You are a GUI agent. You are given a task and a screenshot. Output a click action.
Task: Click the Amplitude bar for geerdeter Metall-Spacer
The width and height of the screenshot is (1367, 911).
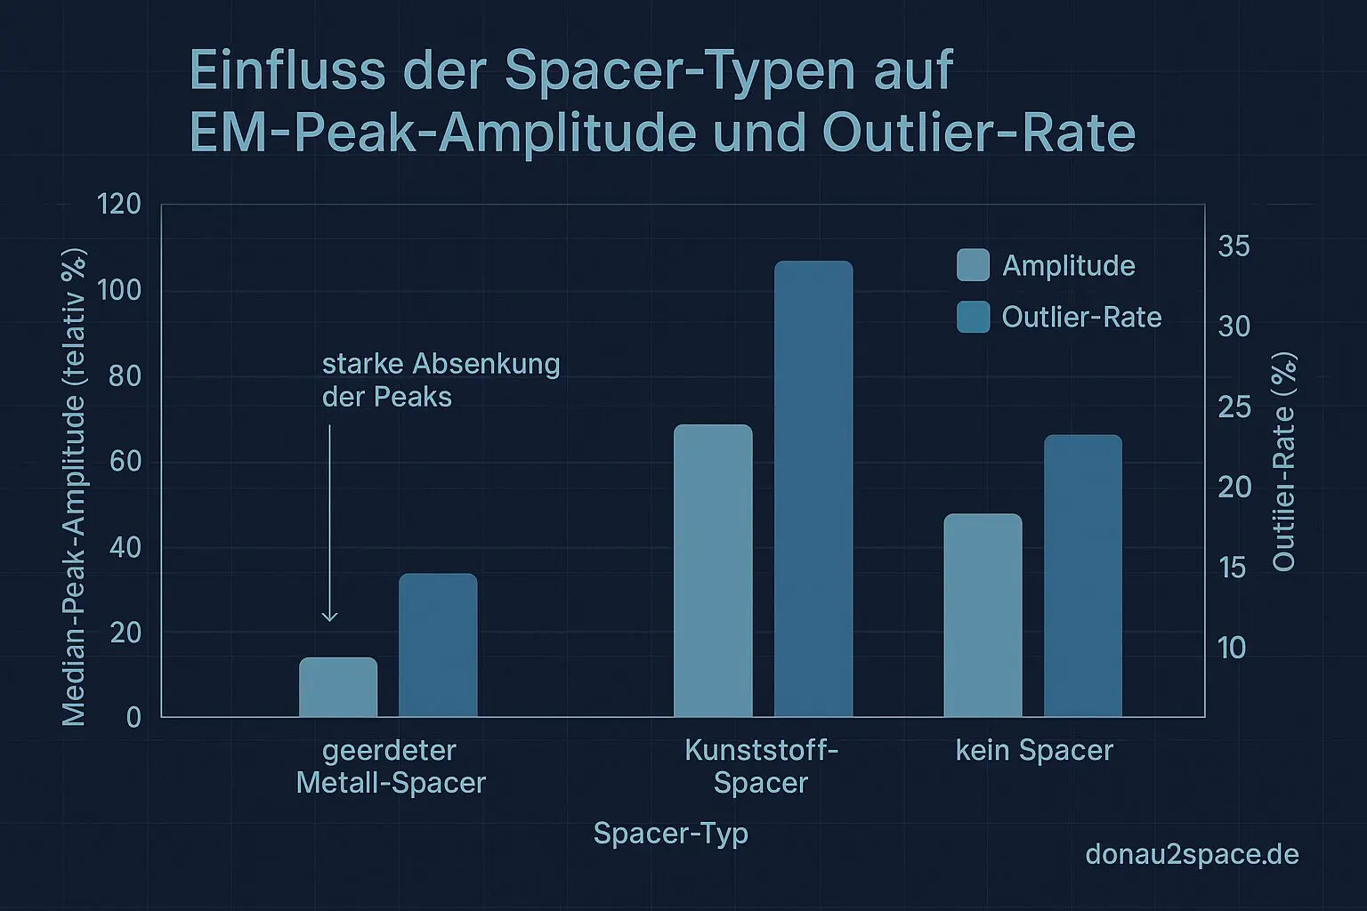click(x=338, y=687)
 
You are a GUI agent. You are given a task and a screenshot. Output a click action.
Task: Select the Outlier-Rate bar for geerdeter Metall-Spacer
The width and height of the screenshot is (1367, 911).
click(x=438, y=645)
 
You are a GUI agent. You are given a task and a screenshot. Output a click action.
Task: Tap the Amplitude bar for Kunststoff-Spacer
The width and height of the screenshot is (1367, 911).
click(x=713, y=570)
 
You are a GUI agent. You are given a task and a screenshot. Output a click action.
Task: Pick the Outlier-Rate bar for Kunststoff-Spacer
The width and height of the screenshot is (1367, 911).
click(x=813, y=488)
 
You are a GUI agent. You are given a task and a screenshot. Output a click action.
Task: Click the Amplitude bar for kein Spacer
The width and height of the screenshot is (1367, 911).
click(x=983, y=615)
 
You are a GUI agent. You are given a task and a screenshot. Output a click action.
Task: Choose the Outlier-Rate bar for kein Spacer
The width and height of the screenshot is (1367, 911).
click(x=1082, y=576)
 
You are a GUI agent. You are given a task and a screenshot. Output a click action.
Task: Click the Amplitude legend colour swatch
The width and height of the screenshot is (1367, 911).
click(x=973, y=265)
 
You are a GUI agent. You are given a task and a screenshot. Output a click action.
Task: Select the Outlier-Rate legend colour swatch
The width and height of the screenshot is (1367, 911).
click(x=973, y=317)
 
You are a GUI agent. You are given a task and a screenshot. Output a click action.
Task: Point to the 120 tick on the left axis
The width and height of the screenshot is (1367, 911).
click(x=119, y=205)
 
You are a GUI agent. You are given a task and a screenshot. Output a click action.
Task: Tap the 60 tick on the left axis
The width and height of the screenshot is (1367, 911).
click(x=125, y=461)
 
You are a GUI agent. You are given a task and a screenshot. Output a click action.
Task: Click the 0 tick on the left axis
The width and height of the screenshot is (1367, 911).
click(x=133, y=717)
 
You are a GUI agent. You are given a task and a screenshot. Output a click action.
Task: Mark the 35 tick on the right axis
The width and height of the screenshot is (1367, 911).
click(x=1234, y=246)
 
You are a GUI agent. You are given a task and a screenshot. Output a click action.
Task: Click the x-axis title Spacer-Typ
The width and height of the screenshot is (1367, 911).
click(x=670, y=834)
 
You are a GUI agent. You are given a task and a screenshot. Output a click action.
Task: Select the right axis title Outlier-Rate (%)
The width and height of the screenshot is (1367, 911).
click(x=1283, y=461)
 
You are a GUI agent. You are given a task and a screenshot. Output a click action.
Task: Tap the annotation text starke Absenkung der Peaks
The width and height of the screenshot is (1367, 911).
click(x=441, y=380)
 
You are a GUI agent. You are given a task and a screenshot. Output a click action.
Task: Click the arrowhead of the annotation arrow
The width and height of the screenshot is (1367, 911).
click(x=329, y=617)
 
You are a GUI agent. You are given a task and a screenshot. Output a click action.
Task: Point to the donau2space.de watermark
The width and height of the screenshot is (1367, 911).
click(x=1192, y=855)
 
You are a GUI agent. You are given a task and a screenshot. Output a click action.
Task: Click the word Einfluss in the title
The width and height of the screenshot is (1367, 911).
click(x=287, y=71)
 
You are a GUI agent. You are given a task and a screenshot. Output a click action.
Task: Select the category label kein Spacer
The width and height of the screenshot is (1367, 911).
click(x=1034, y=750)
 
